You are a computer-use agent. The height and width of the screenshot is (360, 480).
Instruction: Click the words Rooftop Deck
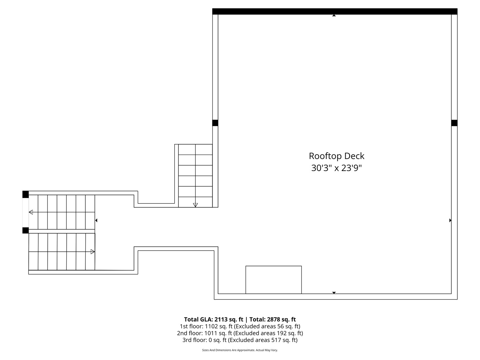[x=336, y=156]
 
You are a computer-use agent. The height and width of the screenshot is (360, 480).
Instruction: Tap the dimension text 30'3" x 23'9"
[x=336, y=168]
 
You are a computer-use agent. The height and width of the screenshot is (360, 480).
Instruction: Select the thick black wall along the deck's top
[x=335, y=11]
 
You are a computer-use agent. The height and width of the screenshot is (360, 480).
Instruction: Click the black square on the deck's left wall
[x=215, y=123]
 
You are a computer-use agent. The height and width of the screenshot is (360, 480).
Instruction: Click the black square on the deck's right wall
[x=454, y=123]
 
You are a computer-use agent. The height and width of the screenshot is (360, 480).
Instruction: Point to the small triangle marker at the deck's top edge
[x=334, y=15]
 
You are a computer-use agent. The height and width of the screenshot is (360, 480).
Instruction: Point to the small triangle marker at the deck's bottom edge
[x=334, y=293]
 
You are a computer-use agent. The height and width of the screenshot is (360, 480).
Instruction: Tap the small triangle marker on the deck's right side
[x=450, y=220]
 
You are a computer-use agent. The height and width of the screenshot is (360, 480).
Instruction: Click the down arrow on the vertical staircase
[x=195, y=205]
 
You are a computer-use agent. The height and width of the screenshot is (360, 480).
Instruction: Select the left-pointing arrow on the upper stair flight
[x=31, y=212]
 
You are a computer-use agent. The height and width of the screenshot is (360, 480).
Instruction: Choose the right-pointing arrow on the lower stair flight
[x=93, y=252]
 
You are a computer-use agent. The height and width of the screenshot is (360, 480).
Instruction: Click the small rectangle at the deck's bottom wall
[x=273, y=280]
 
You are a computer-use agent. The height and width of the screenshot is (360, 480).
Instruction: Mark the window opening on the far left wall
[x=25, y=212]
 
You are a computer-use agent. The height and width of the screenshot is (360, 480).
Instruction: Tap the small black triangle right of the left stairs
[x=96, y=220]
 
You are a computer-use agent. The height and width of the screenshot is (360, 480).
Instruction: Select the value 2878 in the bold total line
[x=274, y=319]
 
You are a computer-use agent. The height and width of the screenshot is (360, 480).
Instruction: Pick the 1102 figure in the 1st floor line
[x=211, y=326]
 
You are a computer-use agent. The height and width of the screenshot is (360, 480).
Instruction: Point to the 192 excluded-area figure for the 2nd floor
[x=282, y=333]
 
